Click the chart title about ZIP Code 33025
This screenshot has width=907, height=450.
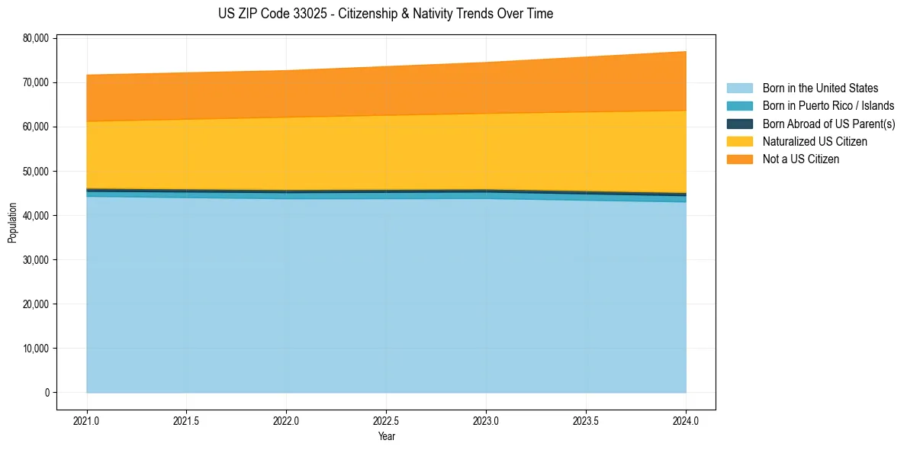(x=385, y=14)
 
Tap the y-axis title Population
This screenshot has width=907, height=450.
(x=12, y=222)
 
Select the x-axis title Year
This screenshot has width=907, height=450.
(x=386, y=436)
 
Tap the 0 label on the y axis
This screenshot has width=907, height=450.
(x=47, y=393)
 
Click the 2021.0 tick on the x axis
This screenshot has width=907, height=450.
(x=86, y=420)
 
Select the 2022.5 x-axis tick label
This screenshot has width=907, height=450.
(x=386, y=420)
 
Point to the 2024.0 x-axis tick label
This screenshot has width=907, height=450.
(x=686, y=420)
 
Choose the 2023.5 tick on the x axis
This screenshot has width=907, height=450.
(x=586, y=420)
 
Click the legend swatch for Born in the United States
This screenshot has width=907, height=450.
(x=739, y=88)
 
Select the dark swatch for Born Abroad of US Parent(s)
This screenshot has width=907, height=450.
(x=739, y=124)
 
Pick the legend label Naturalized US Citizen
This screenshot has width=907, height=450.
(x=815, y=142)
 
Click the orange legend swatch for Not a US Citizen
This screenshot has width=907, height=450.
(x=739, y=159)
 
